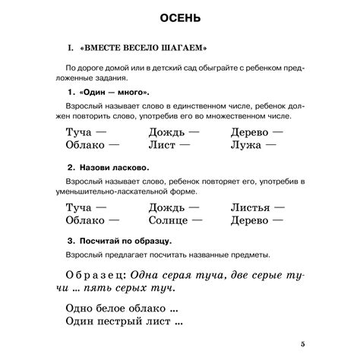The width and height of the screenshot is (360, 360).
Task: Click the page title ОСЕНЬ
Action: pyautogui.click(x=180, y=17)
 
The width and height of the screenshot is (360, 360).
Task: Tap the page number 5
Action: pyautogui.click(x=303, y=344)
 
